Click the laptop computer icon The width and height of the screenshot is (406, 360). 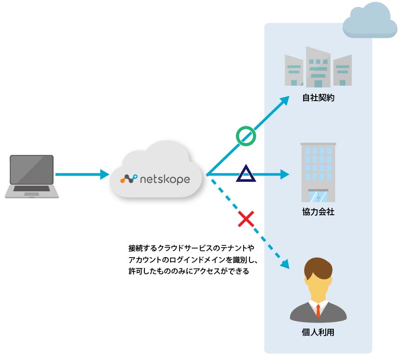point(32,176)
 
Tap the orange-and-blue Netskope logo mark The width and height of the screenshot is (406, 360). point(129,179)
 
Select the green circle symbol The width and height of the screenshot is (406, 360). point(246,136)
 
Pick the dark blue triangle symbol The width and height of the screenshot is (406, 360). point(246,174)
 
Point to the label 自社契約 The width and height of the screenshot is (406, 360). point(318,98)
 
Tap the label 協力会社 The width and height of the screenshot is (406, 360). point(318,212)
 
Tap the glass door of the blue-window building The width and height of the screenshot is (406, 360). point(318,197)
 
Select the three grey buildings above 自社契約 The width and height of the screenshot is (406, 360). point(318,68)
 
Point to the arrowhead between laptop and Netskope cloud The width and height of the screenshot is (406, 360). point(105,174)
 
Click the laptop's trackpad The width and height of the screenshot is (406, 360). point(31,194)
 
